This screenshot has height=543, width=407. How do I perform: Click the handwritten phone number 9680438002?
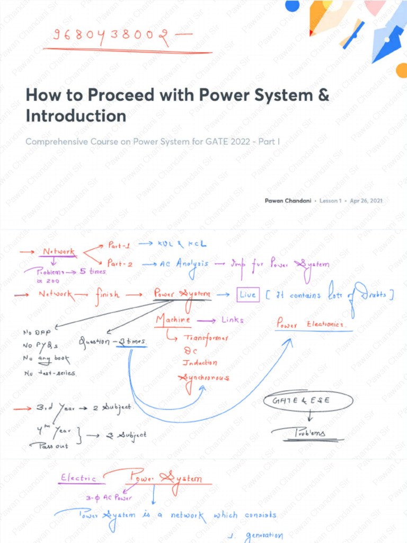[x=107, y=36]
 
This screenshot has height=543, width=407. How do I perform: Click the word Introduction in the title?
[x=76, y=116]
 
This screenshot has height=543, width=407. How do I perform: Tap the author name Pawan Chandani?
[x=288, y=201]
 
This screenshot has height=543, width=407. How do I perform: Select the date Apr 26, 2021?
[x=366, y=201]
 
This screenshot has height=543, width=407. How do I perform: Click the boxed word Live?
[x=247, y=295]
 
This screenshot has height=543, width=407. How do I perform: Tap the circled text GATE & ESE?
[x=300, y=400]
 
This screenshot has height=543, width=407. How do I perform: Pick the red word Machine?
[x=173, y=320]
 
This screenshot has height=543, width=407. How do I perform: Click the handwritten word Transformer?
[x=206, y=338]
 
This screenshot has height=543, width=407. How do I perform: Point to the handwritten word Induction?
[x=200, y=363]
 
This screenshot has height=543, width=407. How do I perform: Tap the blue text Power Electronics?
[x=312, y=324]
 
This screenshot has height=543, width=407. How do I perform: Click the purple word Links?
[x=232, y=320]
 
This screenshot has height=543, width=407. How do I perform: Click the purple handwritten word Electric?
[x=78, y=478]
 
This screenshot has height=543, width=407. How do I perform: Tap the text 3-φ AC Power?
[x=109, y=498]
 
